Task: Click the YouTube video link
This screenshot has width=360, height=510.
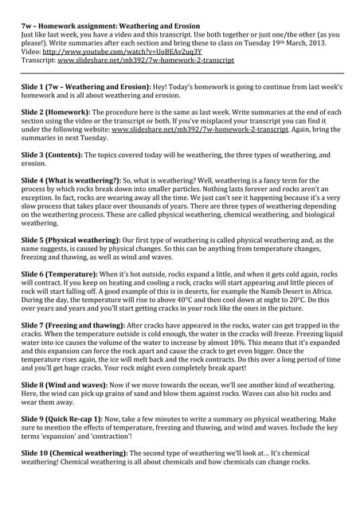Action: [127, 51]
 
